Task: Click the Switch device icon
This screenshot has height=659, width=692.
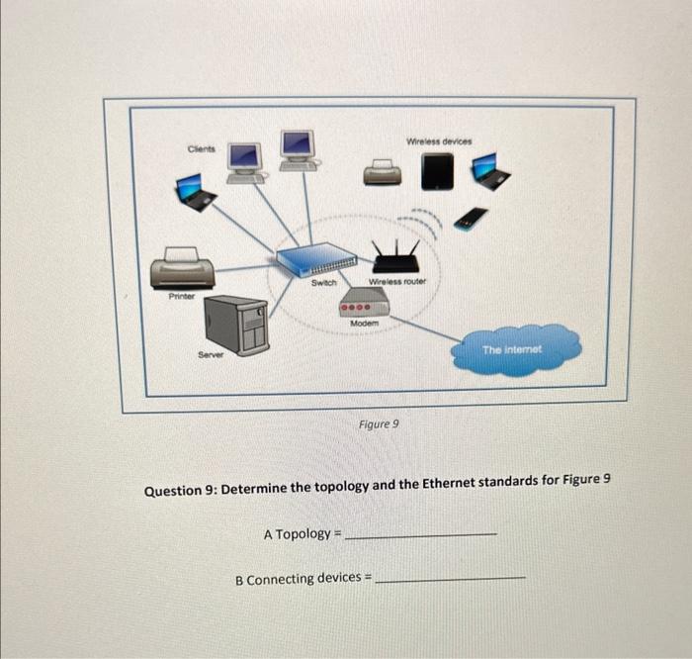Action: (316, 261)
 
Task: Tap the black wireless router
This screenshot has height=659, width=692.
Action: (395, 260)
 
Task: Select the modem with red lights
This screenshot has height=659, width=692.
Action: (364, 309)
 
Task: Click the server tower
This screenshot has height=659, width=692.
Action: (236, 326)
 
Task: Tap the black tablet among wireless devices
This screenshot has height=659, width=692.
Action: (436, 172)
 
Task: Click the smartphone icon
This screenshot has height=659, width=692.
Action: (472, 218)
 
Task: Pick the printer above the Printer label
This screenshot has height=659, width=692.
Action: (181, 268)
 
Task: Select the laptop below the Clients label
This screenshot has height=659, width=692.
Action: (196, 192)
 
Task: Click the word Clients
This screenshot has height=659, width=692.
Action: (201, 149)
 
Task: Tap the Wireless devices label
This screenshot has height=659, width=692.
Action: (439, 141)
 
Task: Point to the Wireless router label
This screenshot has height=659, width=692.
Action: (396, 282)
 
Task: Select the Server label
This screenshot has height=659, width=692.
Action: (210, 354)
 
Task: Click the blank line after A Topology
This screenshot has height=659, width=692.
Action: (424, 535)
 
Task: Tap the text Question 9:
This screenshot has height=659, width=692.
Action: (180, 490)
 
